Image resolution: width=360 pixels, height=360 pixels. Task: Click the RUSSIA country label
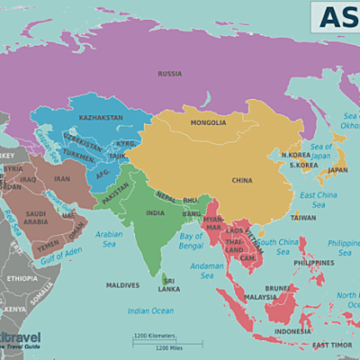(x=170, y=74)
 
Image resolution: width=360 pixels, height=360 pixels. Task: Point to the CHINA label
(x=242, y=180)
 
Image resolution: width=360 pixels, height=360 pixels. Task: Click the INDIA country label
(x=156, y=213)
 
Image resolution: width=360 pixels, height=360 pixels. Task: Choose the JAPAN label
(x=337, y=169)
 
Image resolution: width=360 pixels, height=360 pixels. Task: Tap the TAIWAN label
(x=303, y=217)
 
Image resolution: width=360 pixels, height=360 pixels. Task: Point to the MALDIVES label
(x=122, y=285)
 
